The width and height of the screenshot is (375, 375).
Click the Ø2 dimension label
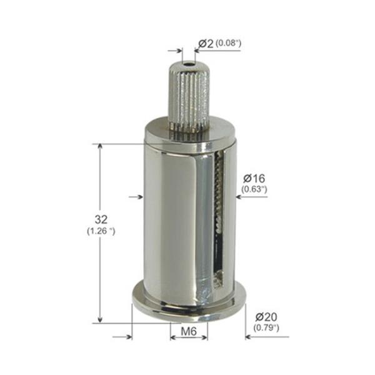[x=206, y=44]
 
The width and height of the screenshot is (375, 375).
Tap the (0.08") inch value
[x=228, y=43]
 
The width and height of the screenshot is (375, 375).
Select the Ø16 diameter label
[x=254, y=178]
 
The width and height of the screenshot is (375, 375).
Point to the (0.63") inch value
[x=254, y=189]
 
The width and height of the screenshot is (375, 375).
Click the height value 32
[x=101, y=219]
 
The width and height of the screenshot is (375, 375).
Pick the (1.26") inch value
[x=101, y=231]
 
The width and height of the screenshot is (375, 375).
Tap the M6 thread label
[x=189, y=331]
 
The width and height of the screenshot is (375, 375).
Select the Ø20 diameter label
[x=266, y=317]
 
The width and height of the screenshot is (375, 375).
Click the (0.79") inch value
[x=266, y=327]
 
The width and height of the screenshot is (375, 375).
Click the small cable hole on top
[x=189, y=64]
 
